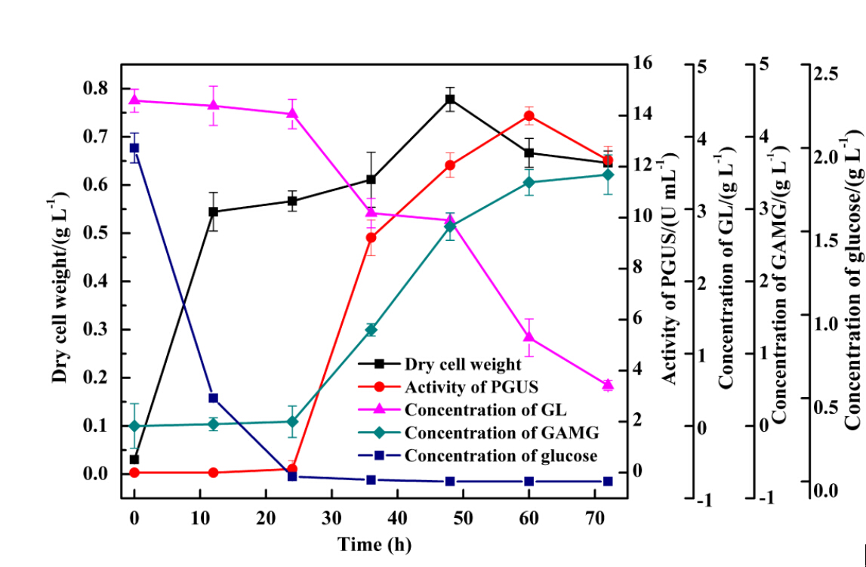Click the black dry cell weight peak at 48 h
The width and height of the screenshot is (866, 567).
[x=450, y=99]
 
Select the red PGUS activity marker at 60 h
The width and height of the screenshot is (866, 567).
[x=529, y=116]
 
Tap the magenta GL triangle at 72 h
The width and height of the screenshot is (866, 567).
[x=608, y=385]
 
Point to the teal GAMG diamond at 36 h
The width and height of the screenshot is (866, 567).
[x=371, y=329]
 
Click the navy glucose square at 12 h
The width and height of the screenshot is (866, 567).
[x=213, y=398]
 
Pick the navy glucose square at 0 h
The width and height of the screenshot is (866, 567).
[x=134, y=148]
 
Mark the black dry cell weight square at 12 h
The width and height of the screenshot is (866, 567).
[x=213, y=211]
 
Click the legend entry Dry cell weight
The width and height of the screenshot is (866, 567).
[x=463, y=365]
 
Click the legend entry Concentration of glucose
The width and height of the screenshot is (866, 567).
[x=501, y=456]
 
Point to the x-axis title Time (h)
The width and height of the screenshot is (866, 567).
[x=374, y=544]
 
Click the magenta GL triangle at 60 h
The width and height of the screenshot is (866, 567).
[x=529, y=337]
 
